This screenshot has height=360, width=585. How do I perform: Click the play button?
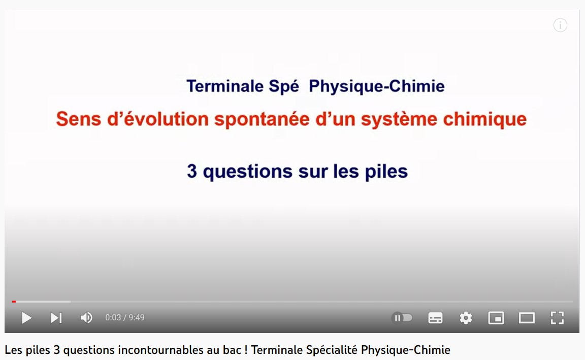26,318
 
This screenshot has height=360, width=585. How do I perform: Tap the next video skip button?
56,318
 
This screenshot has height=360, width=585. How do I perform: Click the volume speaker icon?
86,318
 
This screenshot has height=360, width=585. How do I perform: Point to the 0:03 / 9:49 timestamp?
124,317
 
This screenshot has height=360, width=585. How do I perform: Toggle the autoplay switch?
402,318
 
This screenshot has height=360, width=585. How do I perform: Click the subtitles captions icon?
435,318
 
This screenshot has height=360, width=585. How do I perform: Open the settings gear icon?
466,318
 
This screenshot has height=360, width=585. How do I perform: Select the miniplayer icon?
496,318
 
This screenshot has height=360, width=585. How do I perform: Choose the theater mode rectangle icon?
527,318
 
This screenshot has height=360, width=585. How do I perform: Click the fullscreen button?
558,318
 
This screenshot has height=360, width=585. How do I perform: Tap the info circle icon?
560,25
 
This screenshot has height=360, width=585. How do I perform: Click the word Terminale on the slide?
225,86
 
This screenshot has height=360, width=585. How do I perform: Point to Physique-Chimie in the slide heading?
376,86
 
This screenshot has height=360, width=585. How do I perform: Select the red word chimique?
484,119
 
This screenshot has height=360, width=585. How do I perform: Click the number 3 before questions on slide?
192,171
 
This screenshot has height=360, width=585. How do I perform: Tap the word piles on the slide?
386,172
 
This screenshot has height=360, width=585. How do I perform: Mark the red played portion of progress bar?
14,302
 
